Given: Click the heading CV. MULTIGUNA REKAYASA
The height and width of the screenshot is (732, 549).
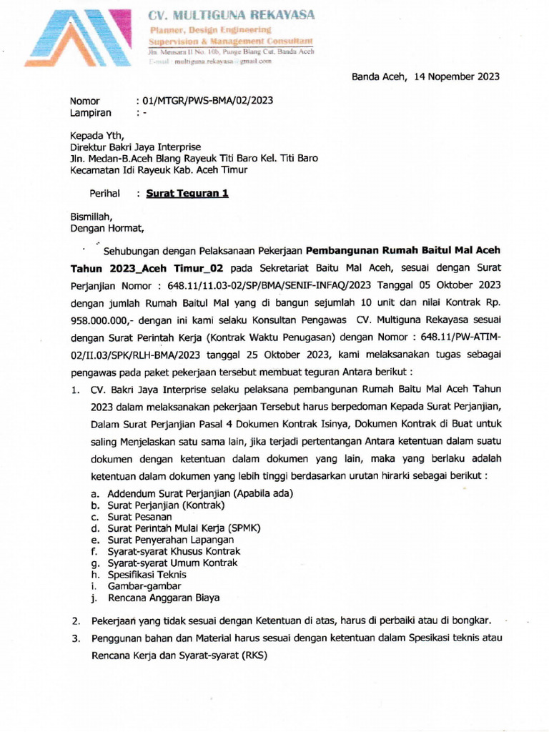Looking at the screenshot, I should point(230,15).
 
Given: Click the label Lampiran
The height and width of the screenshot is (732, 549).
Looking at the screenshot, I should point(90,113).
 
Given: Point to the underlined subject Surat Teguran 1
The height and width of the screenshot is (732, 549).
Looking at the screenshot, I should point(187,193).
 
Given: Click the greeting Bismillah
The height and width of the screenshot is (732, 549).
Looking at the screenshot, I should point(91,217).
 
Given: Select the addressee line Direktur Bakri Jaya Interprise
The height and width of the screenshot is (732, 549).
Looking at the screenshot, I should point(135,147).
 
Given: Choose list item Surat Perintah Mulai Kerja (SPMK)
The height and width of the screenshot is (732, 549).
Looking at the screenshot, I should point(184,528).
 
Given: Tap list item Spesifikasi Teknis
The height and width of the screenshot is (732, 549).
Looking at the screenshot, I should point(147,574).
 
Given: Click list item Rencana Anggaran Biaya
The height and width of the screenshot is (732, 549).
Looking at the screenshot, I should point(163,598).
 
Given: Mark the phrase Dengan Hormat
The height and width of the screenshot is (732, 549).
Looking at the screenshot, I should point(107,229).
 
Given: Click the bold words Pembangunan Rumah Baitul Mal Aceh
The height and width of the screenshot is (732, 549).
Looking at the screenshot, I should point(403,250).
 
